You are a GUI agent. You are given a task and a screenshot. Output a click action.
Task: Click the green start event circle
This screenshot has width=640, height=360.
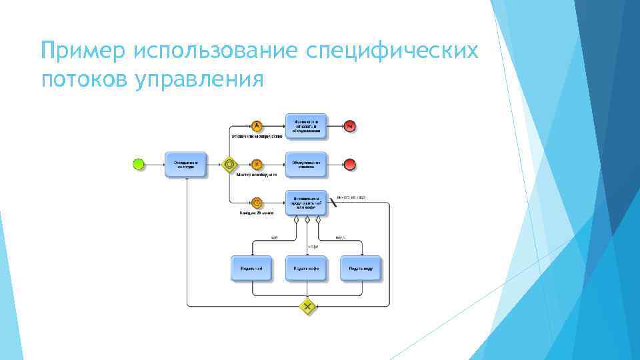point(139,163)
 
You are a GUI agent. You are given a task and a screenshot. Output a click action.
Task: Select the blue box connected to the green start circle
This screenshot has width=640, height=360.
point(186,163)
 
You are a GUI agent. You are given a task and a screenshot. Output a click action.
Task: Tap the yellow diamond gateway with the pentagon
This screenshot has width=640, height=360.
point(229,163)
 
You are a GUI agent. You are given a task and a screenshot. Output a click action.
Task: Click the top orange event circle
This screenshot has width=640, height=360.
point(257,125)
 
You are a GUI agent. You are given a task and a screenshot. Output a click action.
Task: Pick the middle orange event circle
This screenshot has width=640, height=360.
point(257,163)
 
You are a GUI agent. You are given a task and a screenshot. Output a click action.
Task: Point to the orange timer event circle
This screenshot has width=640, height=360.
point(257,202)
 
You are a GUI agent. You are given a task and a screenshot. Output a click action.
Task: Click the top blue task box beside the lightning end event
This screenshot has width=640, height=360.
point(307,125)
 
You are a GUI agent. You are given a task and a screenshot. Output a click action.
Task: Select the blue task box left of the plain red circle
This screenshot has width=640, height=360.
point(307,163)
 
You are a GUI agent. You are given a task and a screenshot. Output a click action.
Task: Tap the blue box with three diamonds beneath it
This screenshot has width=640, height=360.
point(307,202)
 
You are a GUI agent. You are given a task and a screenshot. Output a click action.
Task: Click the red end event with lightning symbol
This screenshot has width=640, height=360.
point(350,125)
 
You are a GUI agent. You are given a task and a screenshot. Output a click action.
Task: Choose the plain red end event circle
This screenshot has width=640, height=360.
point(350,163)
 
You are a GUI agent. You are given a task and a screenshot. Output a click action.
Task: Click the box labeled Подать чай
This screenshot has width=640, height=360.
point(251,268)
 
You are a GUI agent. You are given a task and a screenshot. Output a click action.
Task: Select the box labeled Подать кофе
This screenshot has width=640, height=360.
point(307,268)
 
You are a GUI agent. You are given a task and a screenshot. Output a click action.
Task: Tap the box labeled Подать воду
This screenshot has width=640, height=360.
point(361,268)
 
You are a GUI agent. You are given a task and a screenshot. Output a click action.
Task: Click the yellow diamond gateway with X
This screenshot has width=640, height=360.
point(307,307)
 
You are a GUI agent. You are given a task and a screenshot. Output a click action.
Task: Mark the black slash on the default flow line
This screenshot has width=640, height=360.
point(333,203)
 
